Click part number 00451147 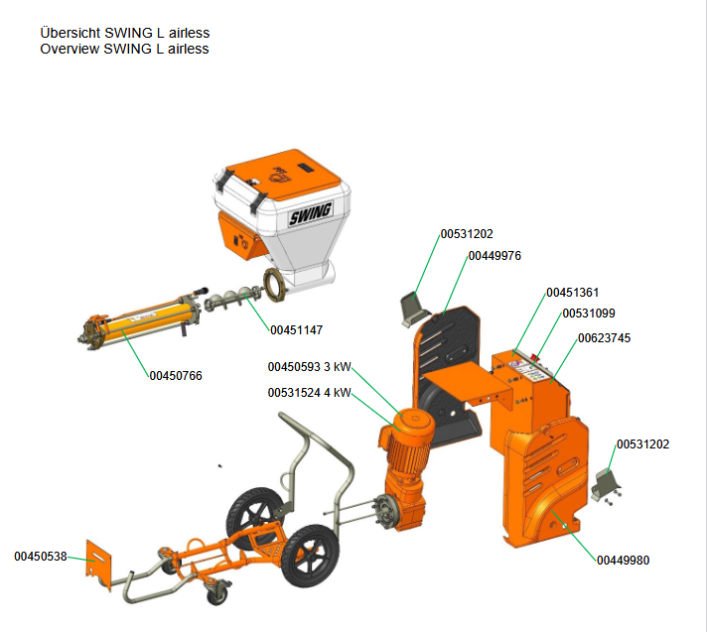(295, 329)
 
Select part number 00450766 (176, 375)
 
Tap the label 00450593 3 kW (309, 367)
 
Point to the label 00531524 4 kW (309, 392)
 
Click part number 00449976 (495, 255)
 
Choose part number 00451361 (573, 293)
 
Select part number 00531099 (589, 314)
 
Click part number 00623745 (604, 338)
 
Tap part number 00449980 (623, 560)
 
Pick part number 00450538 (41, 557)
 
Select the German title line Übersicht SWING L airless (124, 33)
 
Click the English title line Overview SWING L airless (124, 49)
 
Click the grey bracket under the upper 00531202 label (411, 308)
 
